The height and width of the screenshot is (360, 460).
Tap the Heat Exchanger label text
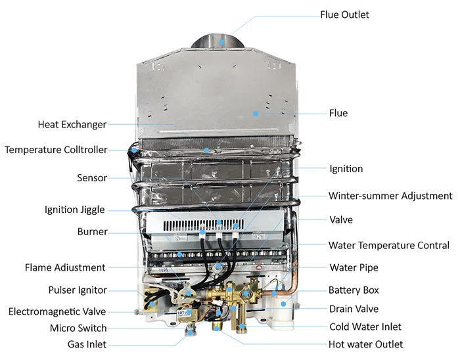[72, 124]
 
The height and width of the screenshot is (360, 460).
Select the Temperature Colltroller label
[56, 150]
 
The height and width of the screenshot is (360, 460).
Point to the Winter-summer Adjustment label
[390, 196]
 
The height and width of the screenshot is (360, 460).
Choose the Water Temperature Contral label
[389, 246]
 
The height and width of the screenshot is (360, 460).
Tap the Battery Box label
[354, 290]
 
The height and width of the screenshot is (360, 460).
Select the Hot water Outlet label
[366, 344]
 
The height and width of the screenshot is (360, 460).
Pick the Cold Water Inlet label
[365, 326]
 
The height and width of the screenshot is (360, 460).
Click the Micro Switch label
[78, 328]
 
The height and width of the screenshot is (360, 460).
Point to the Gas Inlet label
[86, 344]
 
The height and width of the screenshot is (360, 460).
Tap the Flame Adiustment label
[65, 268]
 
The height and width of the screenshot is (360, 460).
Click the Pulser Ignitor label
[78, 290]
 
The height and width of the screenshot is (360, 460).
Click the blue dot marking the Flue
[256, 113]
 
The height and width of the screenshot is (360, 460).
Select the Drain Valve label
[354, 309]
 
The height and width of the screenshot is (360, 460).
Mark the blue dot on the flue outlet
[222, 41]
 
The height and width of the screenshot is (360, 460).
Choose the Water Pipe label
[354, 268]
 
